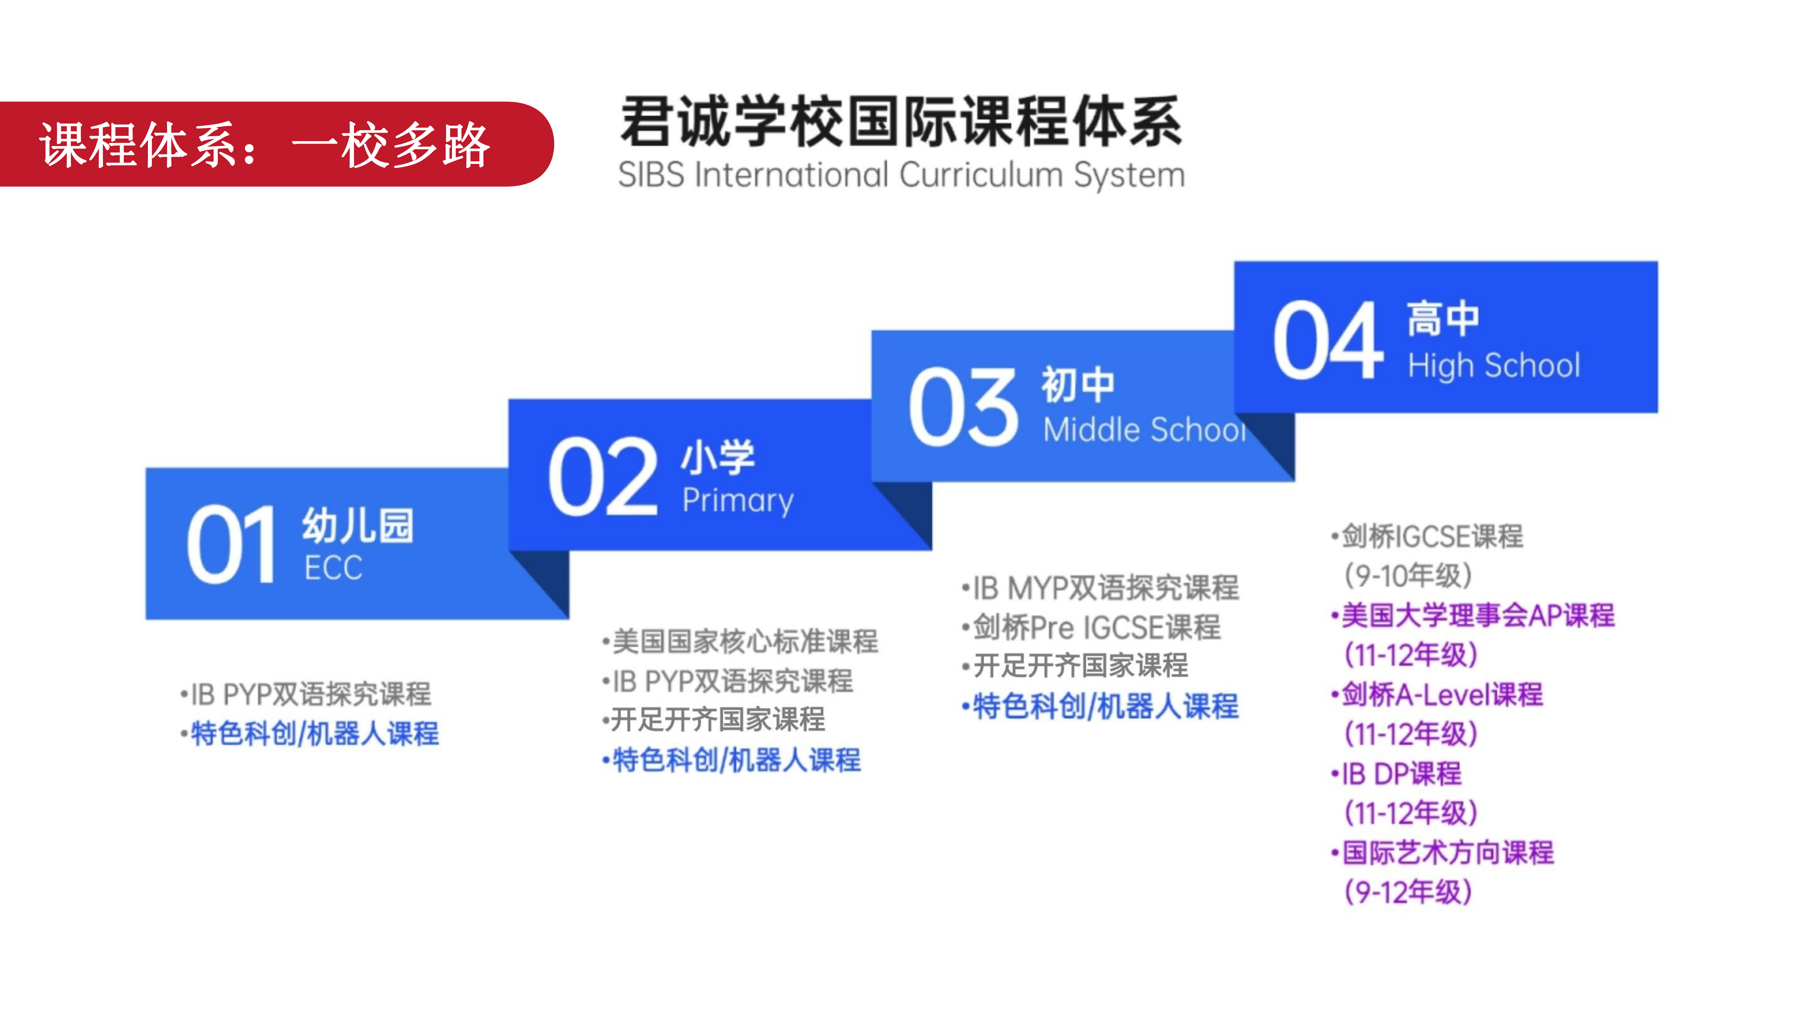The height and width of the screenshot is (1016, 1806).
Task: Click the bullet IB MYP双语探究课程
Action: (1101, 587)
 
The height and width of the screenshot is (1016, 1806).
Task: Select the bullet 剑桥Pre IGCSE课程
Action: (1092, 627)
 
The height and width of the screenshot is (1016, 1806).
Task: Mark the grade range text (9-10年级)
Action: (1408, 576)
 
